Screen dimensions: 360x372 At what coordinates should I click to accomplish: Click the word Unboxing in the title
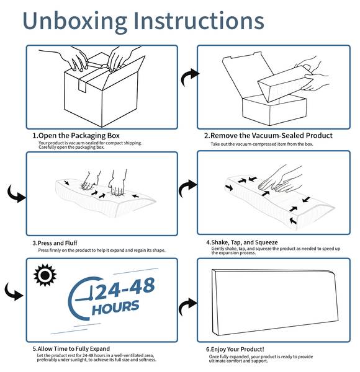pos(75,22)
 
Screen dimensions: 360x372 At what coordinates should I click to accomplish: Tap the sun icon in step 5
pos(45,275)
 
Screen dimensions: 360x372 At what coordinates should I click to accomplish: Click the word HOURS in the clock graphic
pos(115,308)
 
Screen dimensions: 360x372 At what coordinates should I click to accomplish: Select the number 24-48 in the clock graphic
pos(125,288)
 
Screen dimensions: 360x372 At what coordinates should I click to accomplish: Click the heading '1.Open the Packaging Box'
pos(76,136)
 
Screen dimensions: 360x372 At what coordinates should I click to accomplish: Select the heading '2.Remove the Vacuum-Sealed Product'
pos(268,136)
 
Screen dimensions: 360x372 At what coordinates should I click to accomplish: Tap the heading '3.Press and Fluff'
pos(55,243)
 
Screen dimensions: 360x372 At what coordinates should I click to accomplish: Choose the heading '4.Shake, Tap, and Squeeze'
pos(241,242)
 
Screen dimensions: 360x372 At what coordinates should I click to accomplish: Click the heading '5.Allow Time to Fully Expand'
pos(71,348)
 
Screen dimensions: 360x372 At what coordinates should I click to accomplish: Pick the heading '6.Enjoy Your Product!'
pos(235,349)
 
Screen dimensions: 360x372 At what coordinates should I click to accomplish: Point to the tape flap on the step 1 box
pos(82,85)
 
